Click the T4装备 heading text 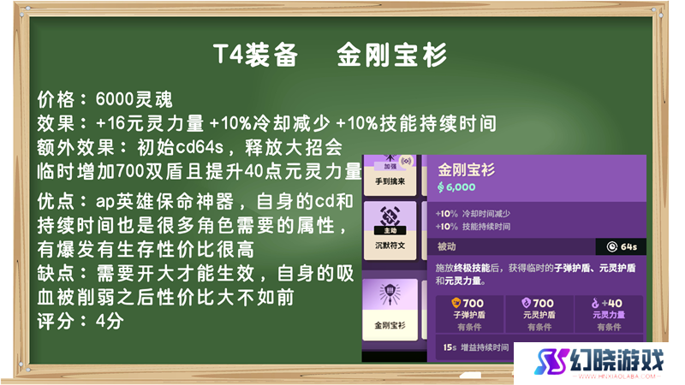255,55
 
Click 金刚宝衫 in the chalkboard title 392,55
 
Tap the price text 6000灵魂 134,99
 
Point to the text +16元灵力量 150,123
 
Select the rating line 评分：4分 80,322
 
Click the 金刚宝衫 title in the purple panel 466,169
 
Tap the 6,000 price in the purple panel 456,187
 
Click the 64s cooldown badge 622,246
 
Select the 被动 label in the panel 446,246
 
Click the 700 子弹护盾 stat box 469,314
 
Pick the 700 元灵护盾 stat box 539,314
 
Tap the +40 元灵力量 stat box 609,314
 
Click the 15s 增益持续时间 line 476,347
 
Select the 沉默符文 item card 390,230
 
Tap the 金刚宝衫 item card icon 390,294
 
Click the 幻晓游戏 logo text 616,360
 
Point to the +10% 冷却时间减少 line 473,213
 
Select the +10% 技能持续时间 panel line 473,227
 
